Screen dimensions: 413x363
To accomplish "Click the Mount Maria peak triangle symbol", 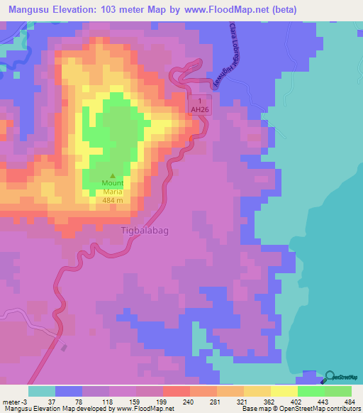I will [x=113, y=176].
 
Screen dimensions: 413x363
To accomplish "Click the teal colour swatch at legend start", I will [x=42, y=391].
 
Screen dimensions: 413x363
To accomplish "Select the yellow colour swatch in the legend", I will [x=284, y=391].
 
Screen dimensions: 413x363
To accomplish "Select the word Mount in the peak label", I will [x=113, y=183].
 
